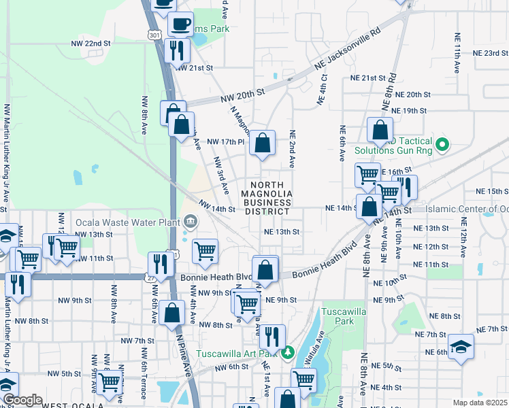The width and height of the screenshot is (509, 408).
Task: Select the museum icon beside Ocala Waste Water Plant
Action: (190, 222)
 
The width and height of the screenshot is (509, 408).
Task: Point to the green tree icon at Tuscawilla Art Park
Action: (288, 352)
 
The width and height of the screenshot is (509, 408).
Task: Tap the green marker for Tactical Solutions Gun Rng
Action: (442, 143)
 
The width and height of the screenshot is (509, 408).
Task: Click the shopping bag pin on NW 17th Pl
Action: (262, 143)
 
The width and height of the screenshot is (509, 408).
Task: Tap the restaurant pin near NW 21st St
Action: (176, 50)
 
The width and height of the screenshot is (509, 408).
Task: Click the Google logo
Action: (22, 400)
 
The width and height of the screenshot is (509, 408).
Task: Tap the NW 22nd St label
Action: (91, 43)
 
